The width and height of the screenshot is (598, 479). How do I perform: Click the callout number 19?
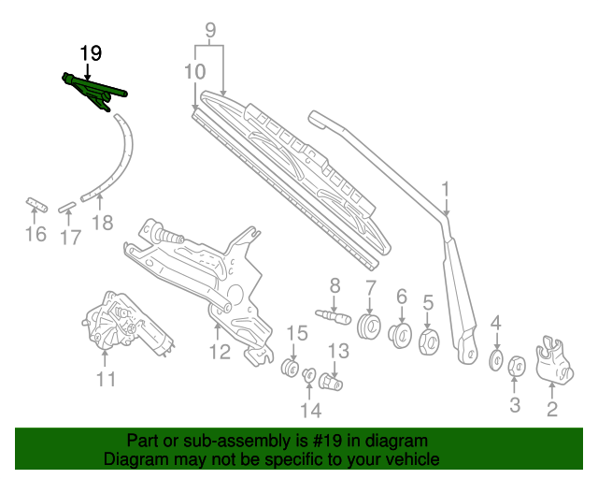click(x=90, y=53)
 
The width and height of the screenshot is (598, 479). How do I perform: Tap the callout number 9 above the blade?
click(x=210, y=31)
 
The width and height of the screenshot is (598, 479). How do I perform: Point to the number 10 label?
click(x=194, y=71)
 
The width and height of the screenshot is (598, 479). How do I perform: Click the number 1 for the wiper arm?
click(x=446, y=190)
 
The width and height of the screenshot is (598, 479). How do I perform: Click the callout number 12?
click(x=219, y=353)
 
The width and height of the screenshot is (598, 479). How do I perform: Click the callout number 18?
click(x=102, y=223)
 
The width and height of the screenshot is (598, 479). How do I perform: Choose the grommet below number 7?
click(x=369, y=328)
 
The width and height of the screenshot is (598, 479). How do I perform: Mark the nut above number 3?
click(x=516, y=365)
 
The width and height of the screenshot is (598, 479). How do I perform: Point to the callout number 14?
click(x=310, y=410)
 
